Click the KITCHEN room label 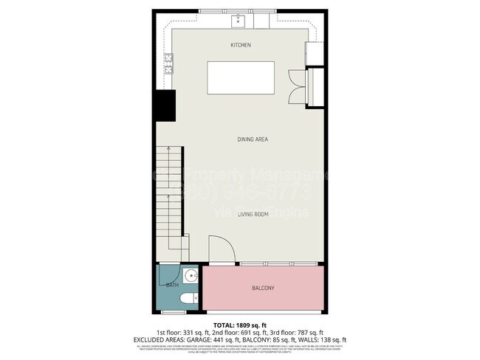pyautogui.click(x=240, y=45)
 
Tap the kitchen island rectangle pyautogui.click(x=240, y=77)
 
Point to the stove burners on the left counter pyautogui.click(x=168, y=64)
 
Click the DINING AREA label pyautogui.click(x=252, y=139)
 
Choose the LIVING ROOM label pyautogui.click(x=252, y=215)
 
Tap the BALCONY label pyautogui.click(x=263, y=288)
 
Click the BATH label pyautogui.click(x=171, y=285)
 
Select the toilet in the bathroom pyautogui.click(x=188, y=299)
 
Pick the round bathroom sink pyautogui.click(x=191, y=277)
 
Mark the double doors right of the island pyautogui.click(x=297, y=87)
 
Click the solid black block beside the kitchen pyautogui.click(x=164, y=105)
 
